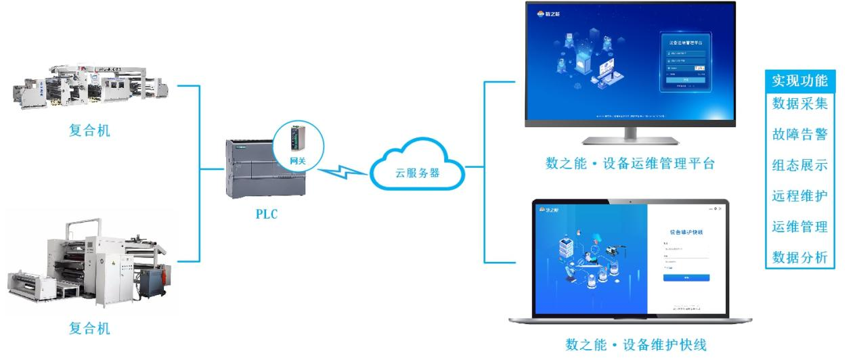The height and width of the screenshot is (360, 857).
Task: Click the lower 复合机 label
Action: [x=89, y=329]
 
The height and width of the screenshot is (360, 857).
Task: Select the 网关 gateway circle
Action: [x=298, y=144]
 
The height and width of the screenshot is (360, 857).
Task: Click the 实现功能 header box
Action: [x=799, y=81]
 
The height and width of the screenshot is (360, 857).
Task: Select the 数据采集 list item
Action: [x=799, y=104]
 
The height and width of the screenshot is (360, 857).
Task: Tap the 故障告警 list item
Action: [x=799, y=135]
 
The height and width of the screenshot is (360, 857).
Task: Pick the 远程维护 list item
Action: [x=799, y=196]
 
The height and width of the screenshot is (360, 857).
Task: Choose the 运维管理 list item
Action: [x=799, y=227]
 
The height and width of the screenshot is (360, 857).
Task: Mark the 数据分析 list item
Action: [x=799, y=257]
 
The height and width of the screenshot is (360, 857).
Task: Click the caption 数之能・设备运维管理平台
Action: [x=630, y=164]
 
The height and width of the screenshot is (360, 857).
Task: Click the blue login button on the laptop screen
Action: [x=686, y=277]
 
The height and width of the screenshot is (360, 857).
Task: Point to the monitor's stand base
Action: [x=630, y=141]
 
